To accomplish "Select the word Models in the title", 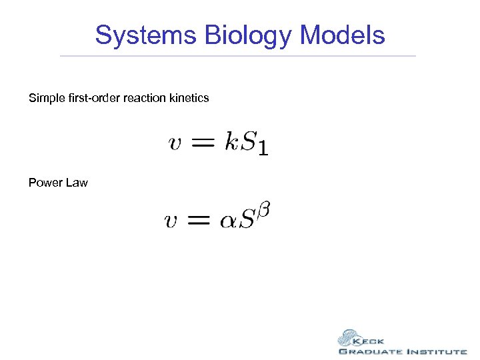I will pyautogui.click(x=343, y=35).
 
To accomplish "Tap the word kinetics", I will pyautogui.click(x=189, y=98).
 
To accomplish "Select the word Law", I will pyautogui.click(x=77, y=183).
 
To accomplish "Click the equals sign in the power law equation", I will pyautogui.click(x=199, y=221).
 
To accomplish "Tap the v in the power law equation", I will pyautogui.click(x=171, y=221).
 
